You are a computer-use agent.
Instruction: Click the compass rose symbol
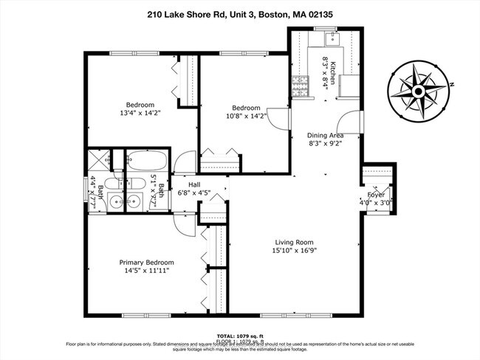point(417,91)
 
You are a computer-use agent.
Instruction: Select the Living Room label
point(295,242)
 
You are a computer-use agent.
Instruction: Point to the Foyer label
point(377,195)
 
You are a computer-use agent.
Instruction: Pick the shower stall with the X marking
point(97,159)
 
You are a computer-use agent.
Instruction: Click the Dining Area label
point(325,136)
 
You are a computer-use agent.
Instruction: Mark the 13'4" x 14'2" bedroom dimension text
point(139,114)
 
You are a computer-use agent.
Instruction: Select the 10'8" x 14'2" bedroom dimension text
point(243,117)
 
